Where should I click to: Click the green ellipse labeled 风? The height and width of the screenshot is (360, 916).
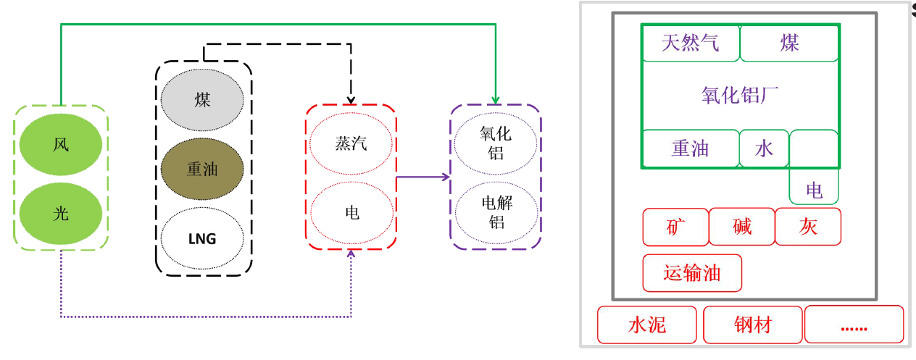(61, 145)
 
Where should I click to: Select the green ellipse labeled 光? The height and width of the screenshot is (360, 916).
(61, 213)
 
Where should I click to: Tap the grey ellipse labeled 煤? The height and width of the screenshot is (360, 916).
(202, 100)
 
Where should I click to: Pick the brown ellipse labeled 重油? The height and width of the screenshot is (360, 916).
(202, 169)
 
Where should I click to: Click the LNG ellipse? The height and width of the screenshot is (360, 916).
(202, 238)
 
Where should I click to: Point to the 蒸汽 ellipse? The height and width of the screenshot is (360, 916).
(351, 143)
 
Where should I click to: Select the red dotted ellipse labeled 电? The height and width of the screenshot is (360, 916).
(351, 212)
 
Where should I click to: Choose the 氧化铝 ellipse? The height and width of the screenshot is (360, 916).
(496, 143)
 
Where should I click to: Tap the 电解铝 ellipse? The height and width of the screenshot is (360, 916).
(496, 212)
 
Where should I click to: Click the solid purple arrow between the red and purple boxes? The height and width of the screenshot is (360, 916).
(422, 177)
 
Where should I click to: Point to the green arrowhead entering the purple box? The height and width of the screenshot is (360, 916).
(496, 100)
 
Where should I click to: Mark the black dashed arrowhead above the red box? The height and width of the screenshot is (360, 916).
(351, 100)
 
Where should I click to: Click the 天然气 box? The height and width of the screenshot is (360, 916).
(691, 43)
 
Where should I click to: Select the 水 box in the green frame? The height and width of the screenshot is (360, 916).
(764, 148)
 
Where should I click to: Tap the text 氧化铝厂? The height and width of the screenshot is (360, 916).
(740, 96)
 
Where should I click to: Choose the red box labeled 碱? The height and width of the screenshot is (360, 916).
(742, 227)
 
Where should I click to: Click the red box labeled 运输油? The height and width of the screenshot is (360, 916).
(692, 273)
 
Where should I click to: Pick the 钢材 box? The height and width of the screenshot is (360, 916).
(752, 325)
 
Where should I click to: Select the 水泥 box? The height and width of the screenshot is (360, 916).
(647, 325)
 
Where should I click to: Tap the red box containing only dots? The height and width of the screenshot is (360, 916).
(854, 325)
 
